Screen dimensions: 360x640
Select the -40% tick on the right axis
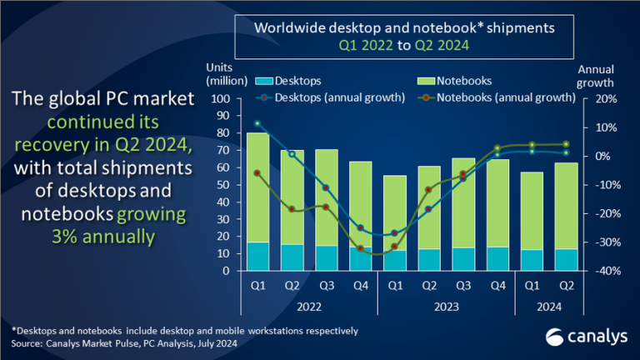click(603, 271)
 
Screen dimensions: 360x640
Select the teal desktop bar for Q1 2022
click(257, 256)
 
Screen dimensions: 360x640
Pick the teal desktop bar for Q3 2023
click(463, 259)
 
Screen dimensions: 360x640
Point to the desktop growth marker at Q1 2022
click(257, 123)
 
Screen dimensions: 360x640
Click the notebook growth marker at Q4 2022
click(361, 247)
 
